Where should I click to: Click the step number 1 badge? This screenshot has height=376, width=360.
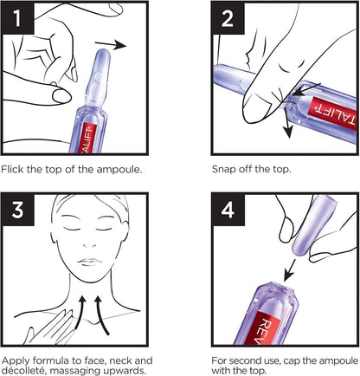(17, 18)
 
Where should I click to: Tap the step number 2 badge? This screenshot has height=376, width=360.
(228, 18)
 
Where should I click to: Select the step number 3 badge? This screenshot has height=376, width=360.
(17, 210)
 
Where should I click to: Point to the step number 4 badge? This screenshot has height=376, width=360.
(228, 210)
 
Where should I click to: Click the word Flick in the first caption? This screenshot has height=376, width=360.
(12, 169)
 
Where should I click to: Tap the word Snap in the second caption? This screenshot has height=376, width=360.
(224, 169)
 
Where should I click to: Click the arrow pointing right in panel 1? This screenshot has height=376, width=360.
(111, 45)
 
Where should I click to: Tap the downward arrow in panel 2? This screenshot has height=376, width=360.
(286, 122)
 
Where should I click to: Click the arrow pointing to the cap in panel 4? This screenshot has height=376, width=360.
(290, 270)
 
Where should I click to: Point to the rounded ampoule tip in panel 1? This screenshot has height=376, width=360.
(101, 56)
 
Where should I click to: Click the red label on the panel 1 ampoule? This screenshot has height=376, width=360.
(87, 138)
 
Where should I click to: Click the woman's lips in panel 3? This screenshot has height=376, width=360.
(89, 263)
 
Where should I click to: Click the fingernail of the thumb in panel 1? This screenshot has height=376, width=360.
(61, 95)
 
